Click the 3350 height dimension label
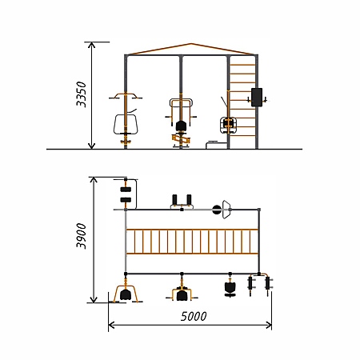(x=82, y=94)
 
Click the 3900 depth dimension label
(x=82, y=236)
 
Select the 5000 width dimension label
(x=194, y=317)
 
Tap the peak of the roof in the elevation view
(x=190, y=43)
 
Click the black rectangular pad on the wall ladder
(x=257, y=98)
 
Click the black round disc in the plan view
(x=217, y=210)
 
